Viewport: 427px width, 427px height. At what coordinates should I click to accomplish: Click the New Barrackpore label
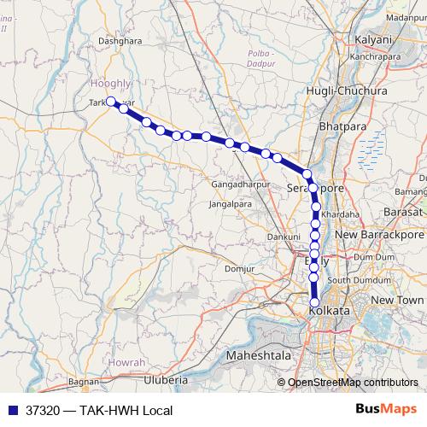coord(379,233)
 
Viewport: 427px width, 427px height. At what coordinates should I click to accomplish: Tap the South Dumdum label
coord(359,280)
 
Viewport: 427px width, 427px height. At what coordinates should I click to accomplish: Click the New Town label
coord(397,300)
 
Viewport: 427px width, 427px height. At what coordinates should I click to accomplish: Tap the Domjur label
coord(239,270)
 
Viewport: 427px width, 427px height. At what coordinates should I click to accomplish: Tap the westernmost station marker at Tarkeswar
coord(111,102)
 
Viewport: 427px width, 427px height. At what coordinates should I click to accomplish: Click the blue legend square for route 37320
coord(11,410)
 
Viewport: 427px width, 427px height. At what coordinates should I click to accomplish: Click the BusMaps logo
coord(385,409)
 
